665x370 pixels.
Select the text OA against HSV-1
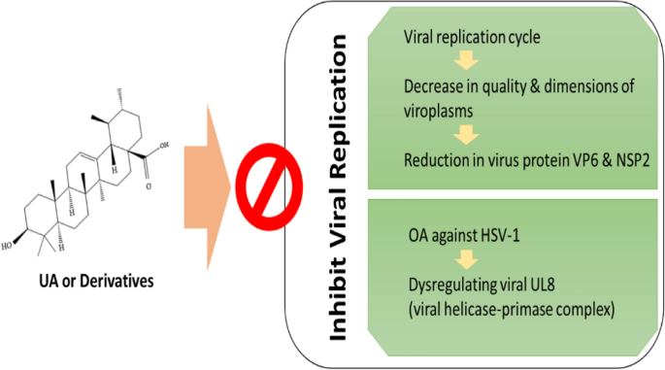pyautogui.click(x=454, y=236)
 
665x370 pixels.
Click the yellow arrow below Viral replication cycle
pyautogui.click(x=467, y=64)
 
